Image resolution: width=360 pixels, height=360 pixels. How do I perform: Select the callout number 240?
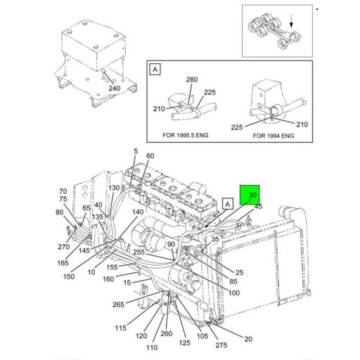(x=114, y=89)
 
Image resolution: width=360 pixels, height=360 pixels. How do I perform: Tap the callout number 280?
(x=191, y=80)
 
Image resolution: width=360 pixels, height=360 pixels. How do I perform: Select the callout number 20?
(x=248, y=340)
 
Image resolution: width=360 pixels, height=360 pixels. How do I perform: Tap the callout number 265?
(x=118, y=304)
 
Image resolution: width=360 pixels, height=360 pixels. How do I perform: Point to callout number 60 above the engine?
(x=150, y=155)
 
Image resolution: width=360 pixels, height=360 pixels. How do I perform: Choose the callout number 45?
(x=258, y=207)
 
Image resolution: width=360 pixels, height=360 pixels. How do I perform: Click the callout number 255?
(x=139, y=252)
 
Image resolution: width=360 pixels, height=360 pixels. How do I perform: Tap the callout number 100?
(x=233, y=292)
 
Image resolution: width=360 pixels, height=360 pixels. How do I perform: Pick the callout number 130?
(x=114, y=188)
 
